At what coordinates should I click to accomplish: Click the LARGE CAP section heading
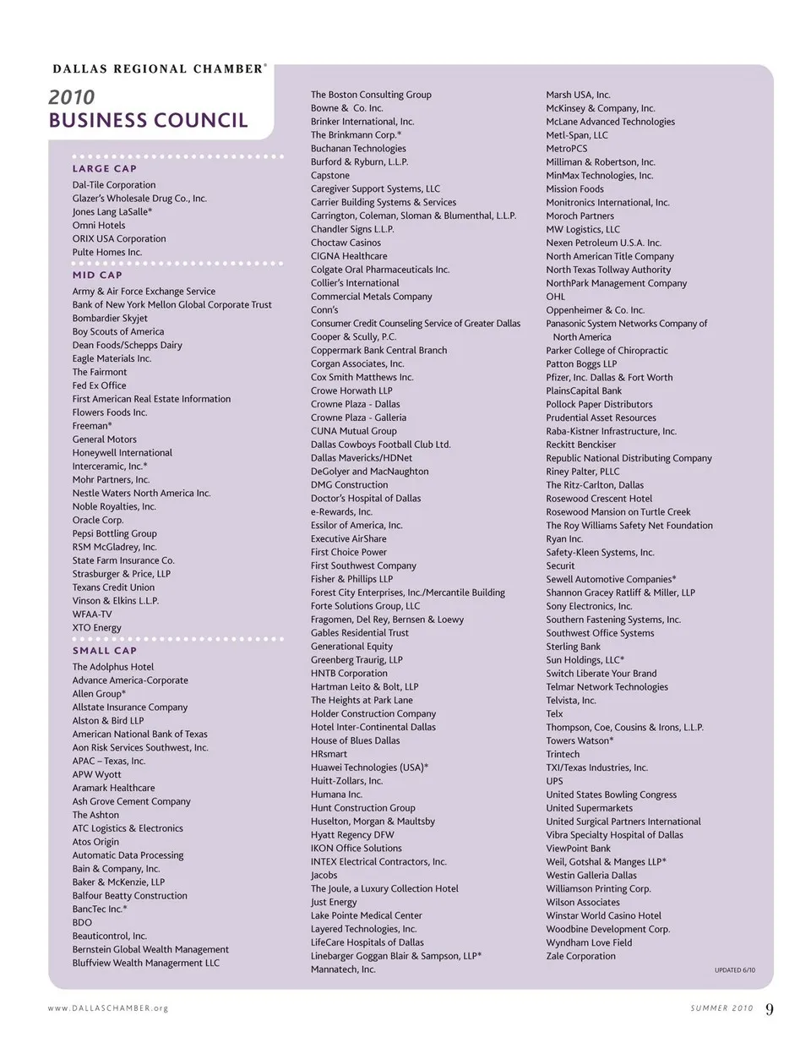click(x=104, y=168)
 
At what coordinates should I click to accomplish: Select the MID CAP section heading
click(x=97, y=275)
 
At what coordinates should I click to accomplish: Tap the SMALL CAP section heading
click(x=104, y=651)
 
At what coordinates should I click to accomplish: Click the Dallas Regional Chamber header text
click(x=158, y=68)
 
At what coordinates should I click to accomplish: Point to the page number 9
click(x=770, y=1008)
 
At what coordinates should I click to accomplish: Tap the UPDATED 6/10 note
click(x=735, y=970)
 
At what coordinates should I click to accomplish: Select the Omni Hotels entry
click(x=98, y=226)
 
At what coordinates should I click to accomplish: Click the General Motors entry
click(x=104, y=440)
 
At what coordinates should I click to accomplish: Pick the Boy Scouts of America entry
click(x=118, y=332)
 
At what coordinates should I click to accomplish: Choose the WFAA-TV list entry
click(x=91, y=614)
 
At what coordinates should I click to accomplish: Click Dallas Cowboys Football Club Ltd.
click(x=380, y=445)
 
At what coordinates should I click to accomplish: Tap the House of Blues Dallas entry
click(x=355, y=740)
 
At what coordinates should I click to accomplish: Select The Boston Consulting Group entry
click(x=371, y=95)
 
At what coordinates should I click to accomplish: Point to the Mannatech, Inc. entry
click(x=343, y=969)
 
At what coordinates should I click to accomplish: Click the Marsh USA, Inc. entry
click(x=578, y=95)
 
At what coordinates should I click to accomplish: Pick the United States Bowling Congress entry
click(x=611, y=795)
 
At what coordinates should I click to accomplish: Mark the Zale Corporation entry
click(x=580, y=956)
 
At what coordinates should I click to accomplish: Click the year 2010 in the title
click(x=72, y=97)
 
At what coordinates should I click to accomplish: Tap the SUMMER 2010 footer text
click(x=721, y=1008)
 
